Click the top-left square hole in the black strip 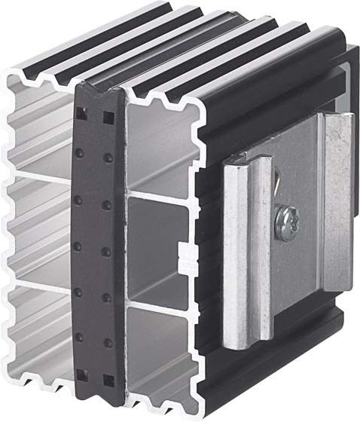(x=81, y=115)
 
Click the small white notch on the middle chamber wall (x=183, y=248)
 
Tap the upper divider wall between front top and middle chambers (x=162, y=198)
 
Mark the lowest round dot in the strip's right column (x=108, y=343)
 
